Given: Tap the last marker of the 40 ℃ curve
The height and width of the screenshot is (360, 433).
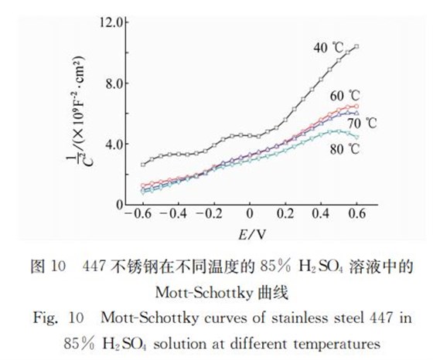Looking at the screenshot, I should [x=356, y=46].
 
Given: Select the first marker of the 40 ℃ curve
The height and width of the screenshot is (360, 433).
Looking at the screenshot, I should [x=142, y=164].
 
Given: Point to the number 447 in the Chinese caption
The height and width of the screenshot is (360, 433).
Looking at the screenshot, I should [x=95, y=267].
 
